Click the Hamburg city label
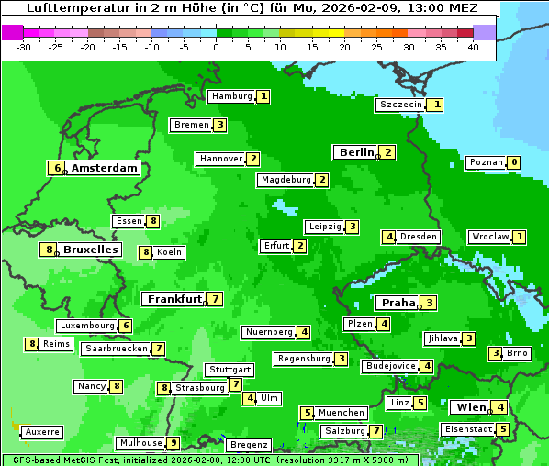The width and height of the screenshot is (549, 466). [x=230, y=96]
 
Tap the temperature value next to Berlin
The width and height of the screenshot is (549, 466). [x=388, y=152]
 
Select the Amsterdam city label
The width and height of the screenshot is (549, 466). [x=104, y=168]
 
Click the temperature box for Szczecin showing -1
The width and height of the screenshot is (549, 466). [x=435, y=105]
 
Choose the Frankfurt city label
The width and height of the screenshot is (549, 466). [x=174, y=299]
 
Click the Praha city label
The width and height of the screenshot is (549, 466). [x=398, y=303]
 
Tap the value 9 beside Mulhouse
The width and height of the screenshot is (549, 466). [x=173, y=443]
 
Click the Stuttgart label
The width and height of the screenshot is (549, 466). [x=230, y=370]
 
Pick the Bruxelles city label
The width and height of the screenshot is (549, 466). [x=89, y=250]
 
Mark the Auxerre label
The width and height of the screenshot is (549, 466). [x=42, y=431]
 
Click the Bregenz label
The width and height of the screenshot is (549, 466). [x=248, y=445]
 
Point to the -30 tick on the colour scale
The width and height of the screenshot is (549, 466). [x=24, y=47]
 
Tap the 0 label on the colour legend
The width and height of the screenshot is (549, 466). [x=216, y=47]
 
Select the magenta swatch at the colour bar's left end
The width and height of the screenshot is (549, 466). [x=13, y=32]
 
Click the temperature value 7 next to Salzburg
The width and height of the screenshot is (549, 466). [x=376, y=431]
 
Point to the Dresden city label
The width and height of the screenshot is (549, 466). [x=419, y=237]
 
